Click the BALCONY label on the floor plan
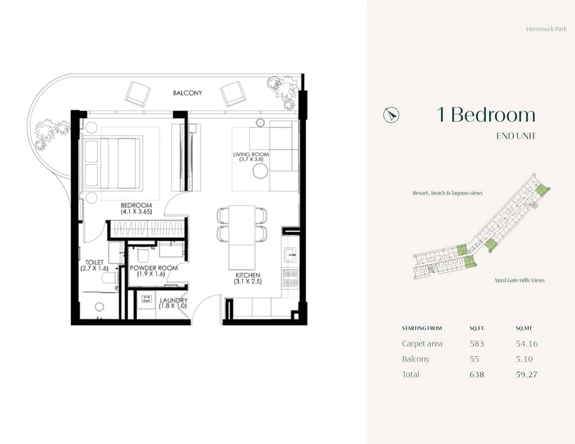point(187,93)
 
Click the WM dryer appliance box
point(146,298)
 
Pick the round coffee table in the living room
point(259,171)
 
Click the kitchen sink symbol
point(290,256)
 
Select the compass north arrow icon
point(391,115)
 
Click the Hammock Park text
point(546,29)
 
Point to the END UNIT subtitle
point(516,136)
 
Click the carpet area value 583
point(477,344)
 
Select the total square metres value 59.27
point(527,374)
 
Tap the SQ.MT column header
point(524,328)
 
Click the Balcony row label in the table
point(415,359)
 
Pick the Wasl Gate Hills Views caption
point(520,280)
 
